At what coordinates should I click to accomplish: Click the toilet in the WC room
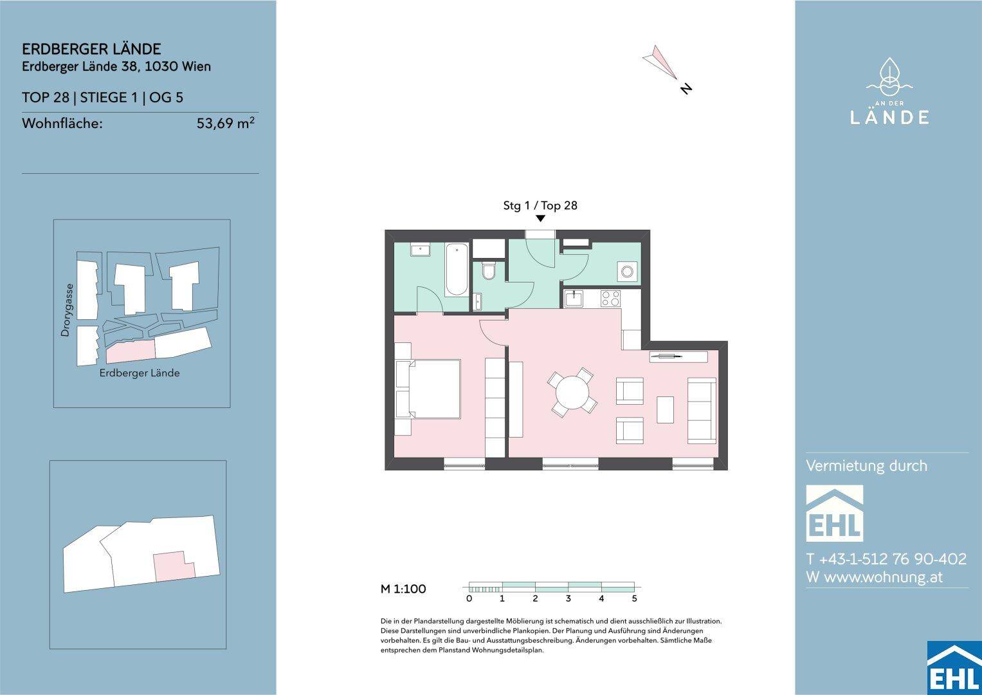[488, 271]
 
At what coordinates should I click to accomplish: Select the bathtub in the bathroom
[457, 270]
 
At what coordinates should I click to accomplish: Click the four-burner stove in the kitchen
[610, 299]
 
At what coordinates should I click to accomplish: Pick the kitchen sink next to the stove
[574, 299]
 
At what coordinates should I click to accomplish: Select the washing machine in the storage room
[627, 271]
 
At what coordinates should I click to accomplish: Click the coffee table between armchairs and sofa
[665, 410]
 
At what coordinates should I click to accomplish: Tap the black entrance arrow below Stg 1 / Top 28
[541, 218]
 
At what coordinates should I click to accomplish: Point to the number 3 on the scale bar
[568, 598]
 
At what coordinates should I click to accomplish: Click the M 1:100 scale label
[403, 589]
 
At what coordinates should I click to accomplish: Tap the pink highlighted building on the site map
[131, 351]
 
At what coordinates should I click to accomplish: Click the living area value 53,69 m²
[225, 123]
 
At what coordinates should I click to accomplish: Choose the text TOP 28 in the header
[46, 97]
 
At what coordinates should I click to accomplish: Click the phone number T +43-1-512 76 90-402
[886, 559]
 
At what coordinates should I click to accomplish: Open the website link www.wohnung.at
[884, 577]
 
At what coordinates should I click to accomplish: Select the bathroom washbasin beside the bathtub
[420, 250]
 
